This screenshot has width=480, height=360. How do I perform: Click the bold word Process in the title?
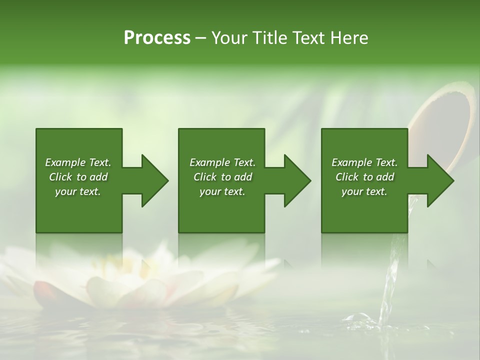pyautogui.click(x=157, y=38)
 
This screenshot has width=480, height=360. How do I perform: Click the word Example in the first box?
pyautogui.click(x=65, y=162)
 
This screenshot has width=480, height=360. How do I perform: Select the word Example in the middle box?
pyautogui.click(x=209, y=162)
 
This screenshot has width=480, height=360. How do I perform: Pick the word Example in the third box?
pyautogui.click(x=351, y=162)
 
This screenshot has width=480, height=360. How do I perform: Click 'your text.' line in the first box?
pyautogui.click(x=78, y=191)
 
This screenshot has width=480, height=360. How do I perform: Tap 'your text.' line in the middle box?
pyautogui.click(x=222, y=191)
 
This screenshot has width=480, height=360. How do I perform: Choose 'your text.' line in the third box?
pyautogui.click(x=364, y=191)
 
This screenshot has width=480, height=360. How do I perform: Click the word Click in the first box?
pyautogui.click(x=60, y=177)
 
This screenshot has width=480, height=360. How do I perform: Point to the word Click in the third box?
pyautogui.click(x=346, y=177)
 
